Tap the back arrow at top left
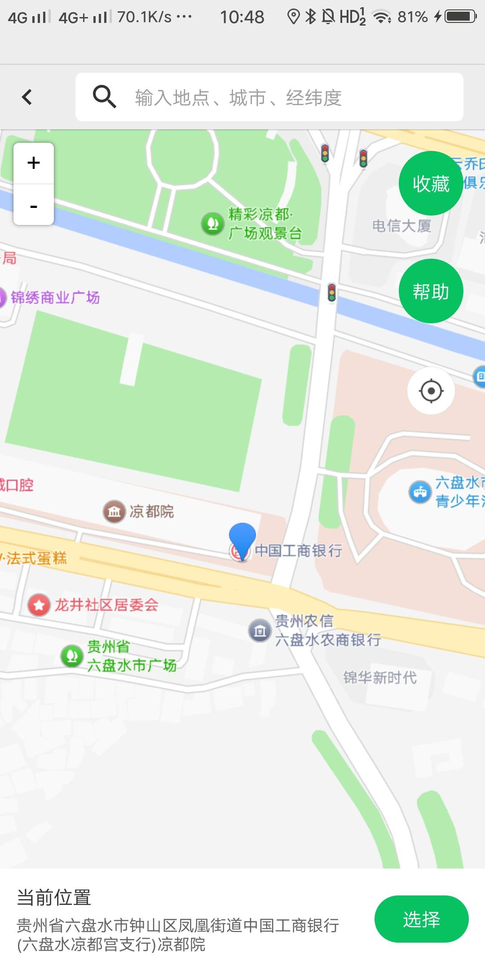point(27,97)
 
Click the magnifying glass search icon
point(104,97)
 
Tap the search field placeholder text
point(238,97)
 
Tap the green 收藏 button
point(431,184)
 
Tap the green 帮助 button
point(431,291)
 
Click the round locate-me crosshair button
point(431,391)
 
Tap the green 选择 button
point(421,919)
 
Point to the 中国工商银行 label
point(299,551)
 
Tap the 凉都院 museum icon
point(114,511)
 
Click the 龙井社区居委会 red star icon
point(39,605)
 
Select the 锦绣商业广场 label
point(55,297)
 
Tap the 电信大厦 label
point(401,226)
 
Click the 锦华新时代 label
point(380,677)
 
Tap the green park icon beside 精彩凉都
point(212,223)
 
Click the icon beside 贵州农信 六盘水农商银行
point(260,631)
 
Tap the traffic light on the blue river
point(331,292)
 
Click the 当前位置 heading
point(54,898)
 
